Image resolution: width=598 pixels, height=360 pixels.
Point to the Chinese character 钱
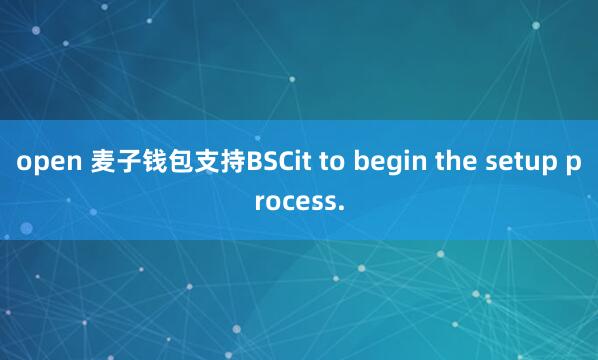pos(152,161)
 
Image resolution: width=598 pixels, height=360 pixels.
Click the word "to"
pos(331,161)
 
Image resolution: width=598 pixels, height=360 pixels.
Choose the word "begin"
pos(384,162)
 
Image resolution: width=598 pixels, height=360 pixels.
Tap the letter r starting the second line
pos(259,202)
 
